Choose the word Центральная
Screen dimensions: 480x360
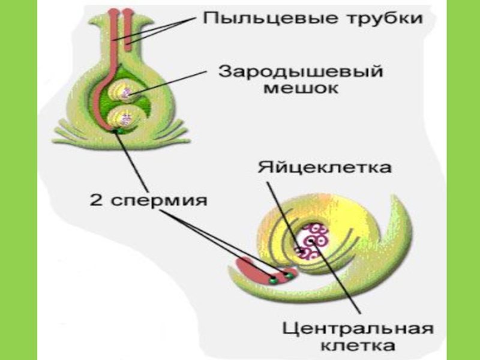coord(358,329)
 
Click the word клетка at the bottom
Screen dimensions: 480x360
coord(358,346)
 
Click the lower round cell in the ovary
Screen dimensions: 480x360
coord(125,116)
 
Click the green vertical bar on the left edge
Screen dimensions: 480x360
coord(18,180)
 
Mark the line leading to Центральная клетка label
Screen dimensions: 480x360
coord(342,282)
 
